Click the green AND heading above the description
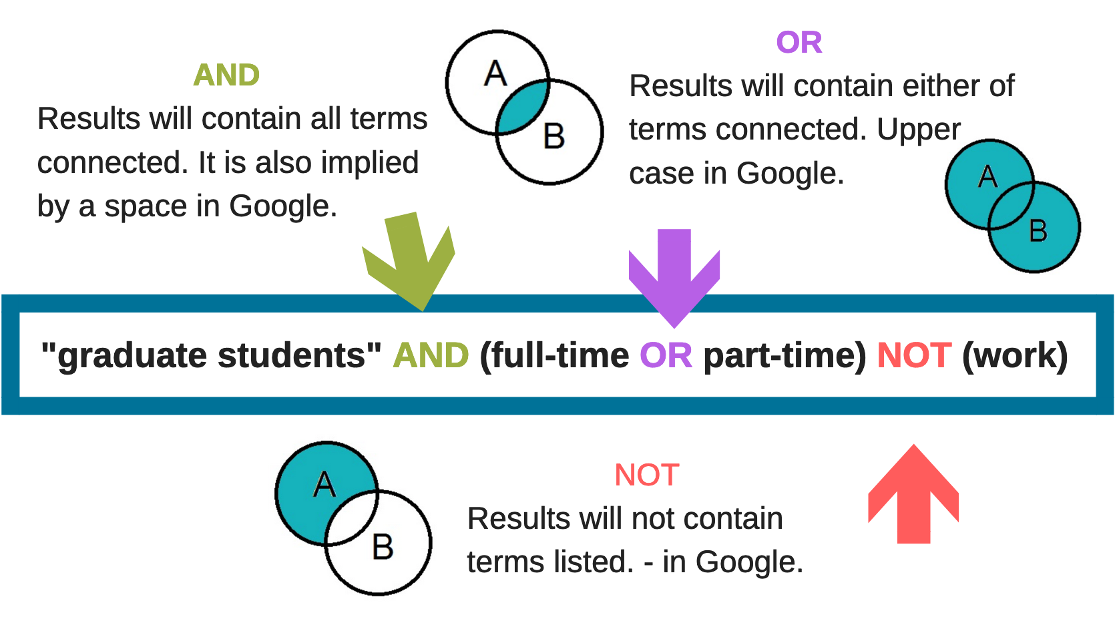(x=226, y=75)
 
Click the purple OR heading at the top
(x=799, y=43)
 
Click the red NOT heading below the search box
(x=646, y=475)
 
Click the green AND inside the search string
(x=431, y=355)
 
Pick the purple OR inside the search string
(x=666, y=355)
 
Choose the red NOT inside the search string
(x=913, y=355)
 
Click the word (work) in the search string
(x=1015, y=355)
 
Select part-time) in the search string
(x=785, y=355)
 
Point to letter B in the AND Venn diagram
(x=554, y=136)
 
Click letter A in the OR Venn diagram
(x=987, y=177)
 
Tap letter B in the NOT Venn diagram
(x=383, y=547)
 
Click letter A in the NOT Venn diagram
(x=324, y=484)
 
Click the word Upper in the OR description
(x=919, y=130)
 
